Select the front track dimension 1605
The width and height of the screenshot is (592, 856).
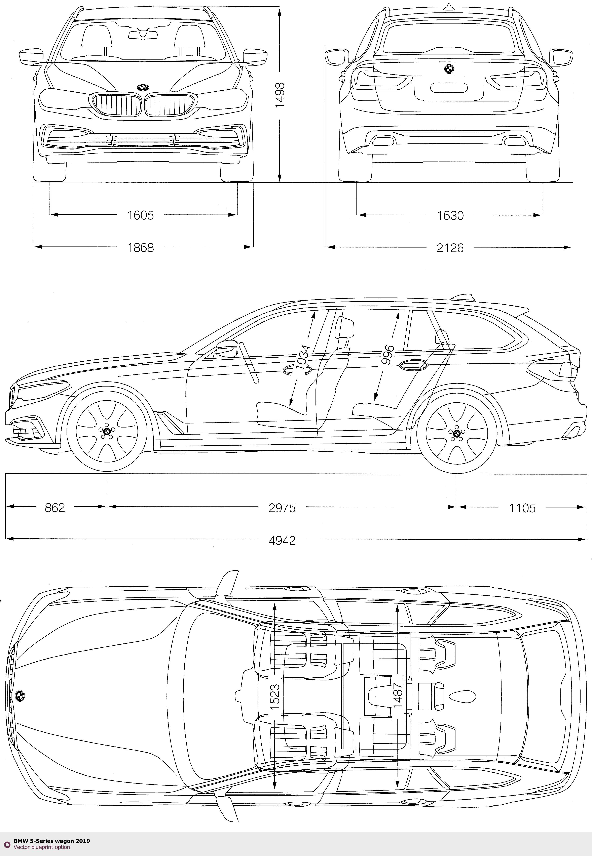click(141, 215)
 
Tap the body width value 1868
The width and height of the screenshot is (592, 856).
click(141, 247)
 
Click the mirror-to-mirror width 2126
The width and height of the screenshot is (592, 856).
click(450, 247)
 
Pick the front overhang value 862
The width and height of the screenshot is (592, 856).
click(55, 508)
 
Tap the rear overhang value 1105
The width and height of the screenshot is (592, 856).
click(522, 508)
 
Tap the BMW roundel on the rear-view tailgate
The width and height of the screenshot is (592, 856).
click(449, 69)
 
